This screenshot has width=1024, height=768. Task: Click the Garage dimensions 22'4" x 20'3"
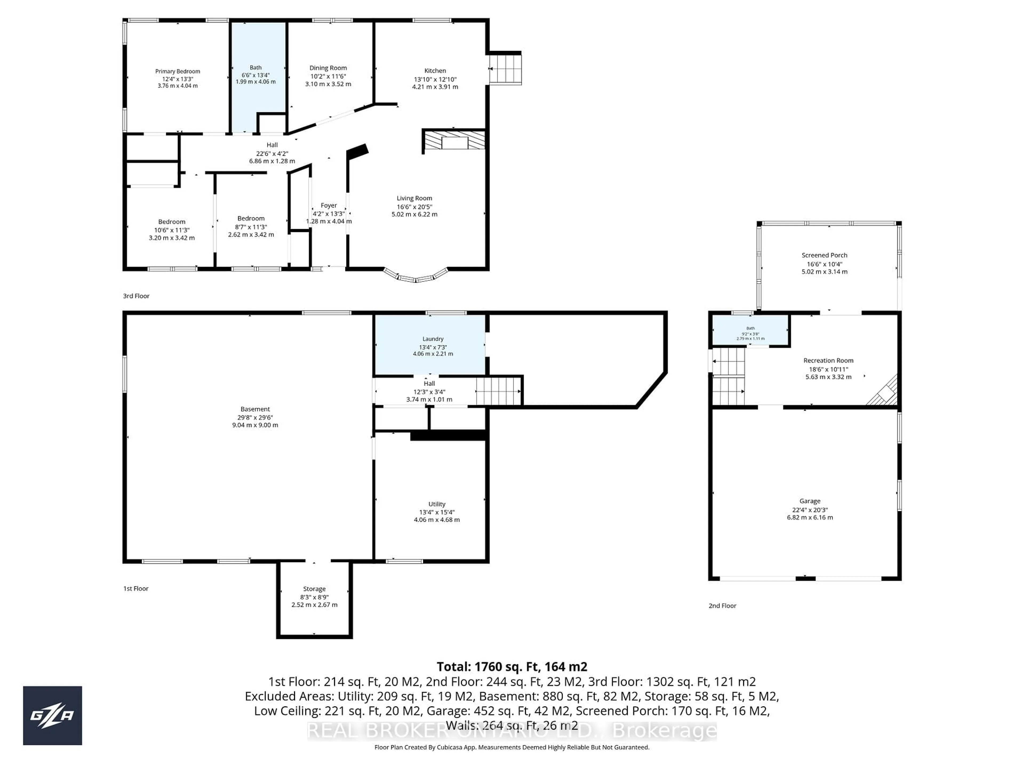click(x=809, y=510)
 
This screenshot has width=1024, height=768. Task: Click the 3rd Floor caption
click(x=136, y=296)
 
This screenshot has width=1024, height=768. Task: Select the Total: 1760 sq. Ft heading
click(x=511, y=667)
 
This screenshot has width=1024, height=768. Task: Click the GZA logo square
click(x=52, y=715)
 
